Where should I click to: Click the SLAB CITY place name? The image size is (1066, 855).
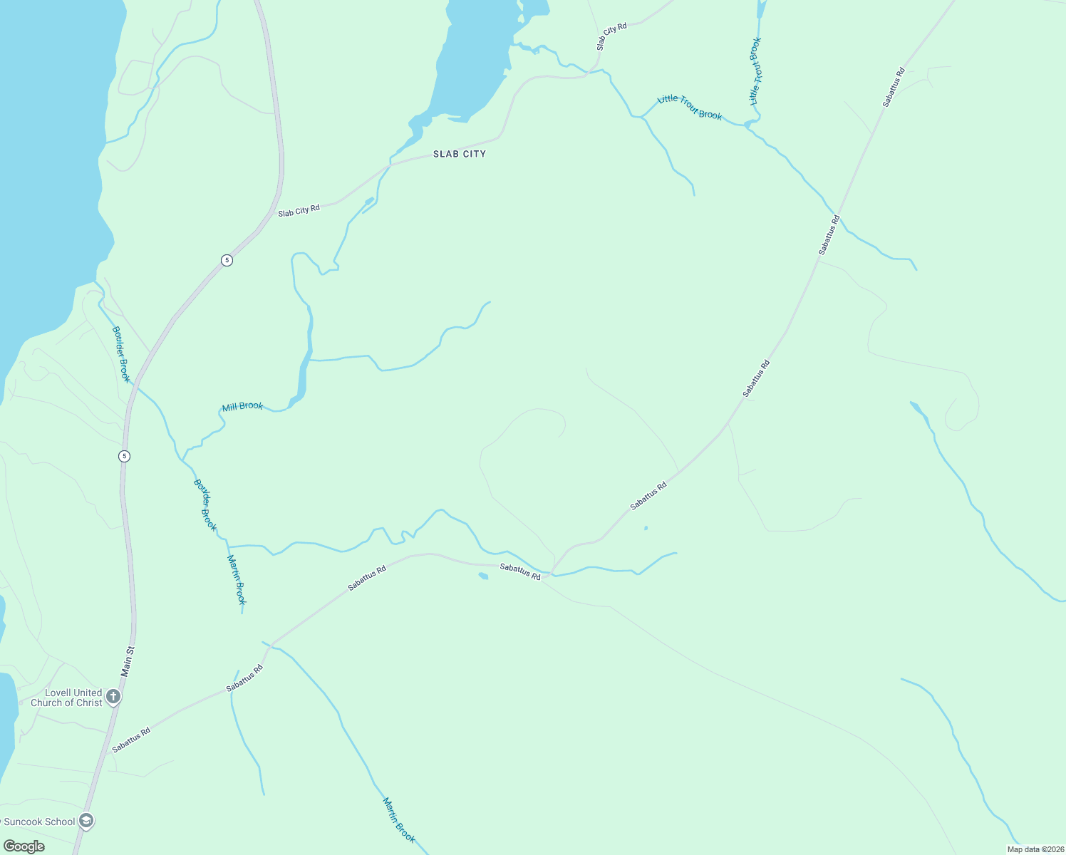pos(460,154)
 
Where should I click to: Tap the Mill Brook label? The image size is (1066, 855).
pos(242,406)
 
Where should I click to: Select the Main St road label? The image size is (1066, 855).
pos(128,661)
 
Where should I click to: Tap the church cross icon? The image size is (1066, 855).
pos(113,696)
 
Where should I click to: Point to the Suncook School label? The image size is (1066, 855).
pos(39,822)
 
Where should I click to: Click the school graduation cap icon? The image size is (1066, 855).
pos(87,821)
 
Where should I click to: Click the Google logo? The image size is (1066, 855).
pos(24,846)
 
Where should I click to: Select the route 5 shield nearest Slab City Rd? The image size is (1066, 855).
pos(227,260)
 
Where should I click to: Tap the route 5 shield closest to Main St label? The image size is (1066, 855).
pos(125,456)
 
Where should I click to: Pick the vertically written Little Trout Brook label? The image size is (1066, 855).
pos(756,71)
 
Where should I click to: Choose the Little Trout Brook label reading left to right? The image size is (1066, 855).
pos(690,108)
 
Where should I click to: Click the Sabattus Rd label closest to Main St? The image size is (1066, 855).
pos(131,739)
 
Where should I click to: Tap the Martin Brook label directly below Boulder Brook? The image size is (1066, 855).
pos(237,579)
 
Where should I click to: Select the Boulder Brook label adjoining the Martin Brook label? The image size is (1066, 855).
pos(205,504)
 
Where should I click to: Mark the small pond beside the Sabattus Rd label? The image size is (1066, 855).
pos(483,576)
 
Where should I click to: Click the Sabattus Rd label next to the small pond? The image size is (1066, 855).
pos(519,571)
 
